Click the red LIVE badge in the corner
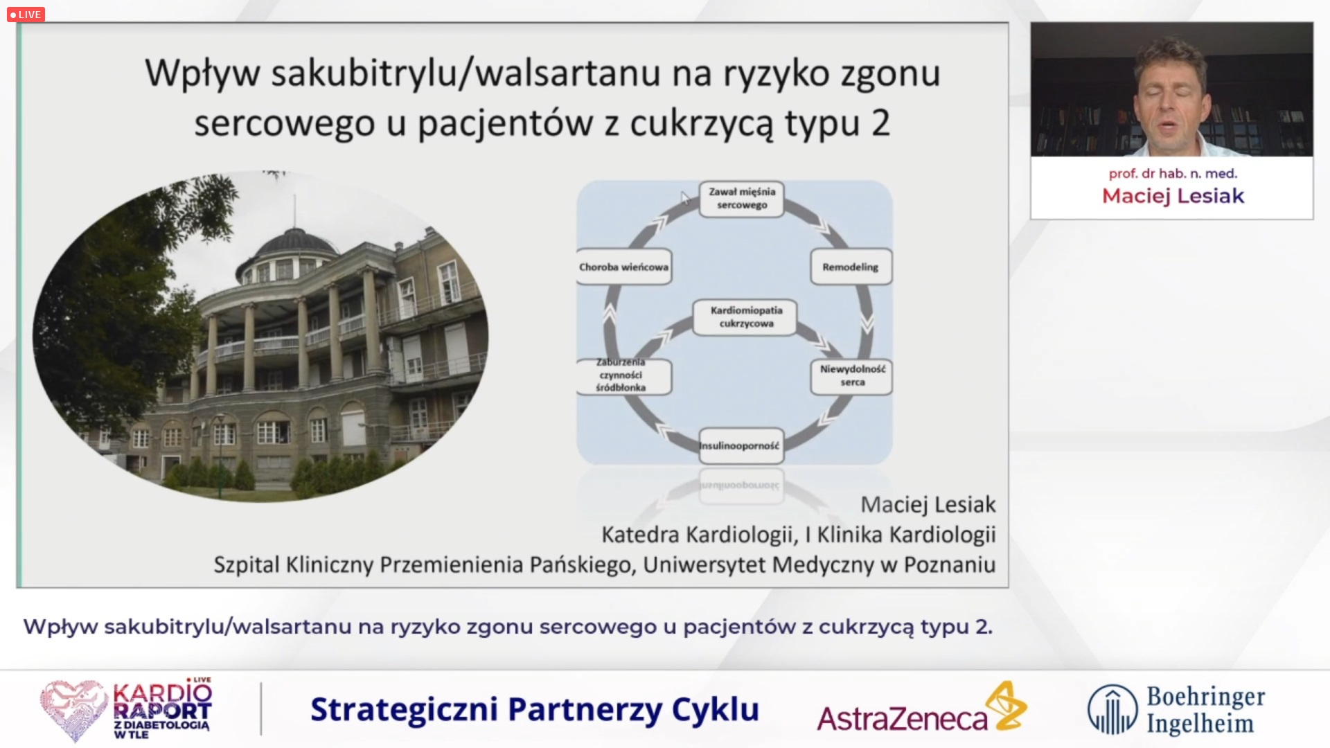pyautogui.click(x=26, y=15)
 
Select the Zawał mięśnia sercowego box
pyautogui.click(x=741, y=199)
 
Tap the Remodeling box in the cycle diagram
pyautogui.click(x=851, y=267)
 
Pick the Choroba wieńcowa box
pyautogui.click(x=623, y=267)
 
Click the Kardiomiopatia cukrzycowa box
pyautogui.click(x=745, y=317)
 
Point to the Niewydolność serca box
pyautogui.click(x=852, y=376)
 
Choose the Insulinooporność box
pyautogui.click(x=740, y=445)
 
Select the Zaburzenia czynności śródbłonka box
pyautogui.click(x=623, y=375)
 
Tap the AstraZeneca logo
pyautogui.click(x=921, y=708)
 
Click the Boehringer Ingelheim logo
pyautogui.click(x=1176, y=709)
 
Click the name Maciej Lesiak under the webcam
pyautogui.click(x=1173, y=196)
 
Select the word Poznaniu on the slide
pyautogui.click(x=950, y=564)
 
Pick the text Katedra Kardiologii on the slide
pyautogui.click(x=697, y=535)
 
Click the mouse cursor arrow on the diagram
pyautogui.click(x=684, y=198)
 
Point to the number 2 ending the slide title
pyautogui.click(x=880, y=124)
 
